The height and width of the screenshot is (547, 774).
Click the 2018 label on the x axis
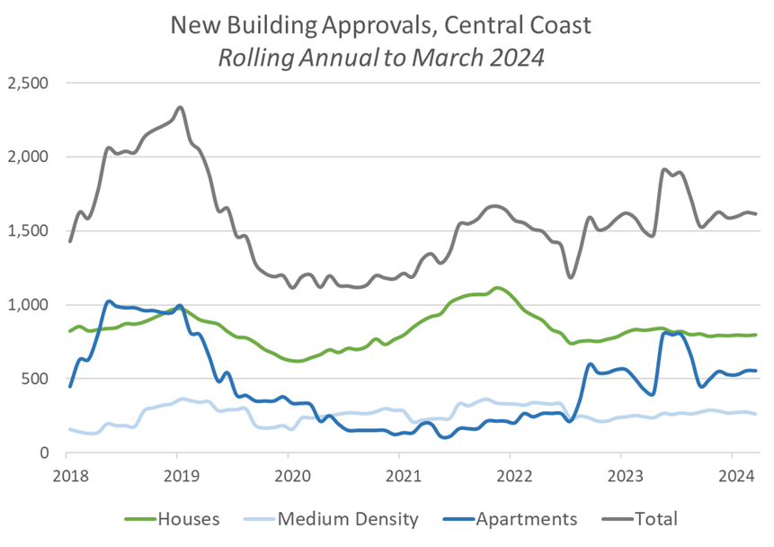66,474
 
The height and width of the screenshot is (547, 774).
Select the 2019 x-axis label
177,474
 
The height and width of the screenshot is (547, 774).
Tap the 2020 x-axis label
288,474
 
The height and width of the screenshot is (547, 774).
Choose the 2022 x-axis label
511,474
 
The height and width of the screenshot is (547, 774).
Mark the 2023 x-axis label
621,474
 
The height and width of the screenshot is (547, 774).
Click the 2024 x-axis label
733,474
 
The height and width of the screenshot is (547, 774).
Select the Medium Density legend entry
349,518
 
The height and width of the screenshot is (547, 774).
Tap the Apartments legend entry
526,518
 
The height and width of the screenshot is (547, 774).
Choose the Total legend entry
655,518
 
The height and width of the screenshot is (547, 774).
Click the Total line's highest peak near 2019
181,107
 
